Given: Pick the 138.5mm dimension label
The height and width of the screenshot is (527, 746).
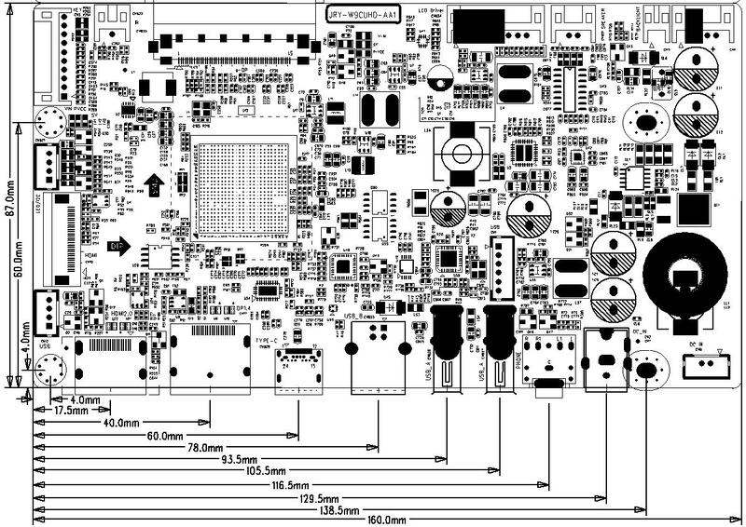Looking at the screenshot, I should click(337, 510).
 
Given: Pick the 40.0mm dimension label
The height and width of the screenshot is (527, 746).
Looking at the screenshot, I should click(115, 423).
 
